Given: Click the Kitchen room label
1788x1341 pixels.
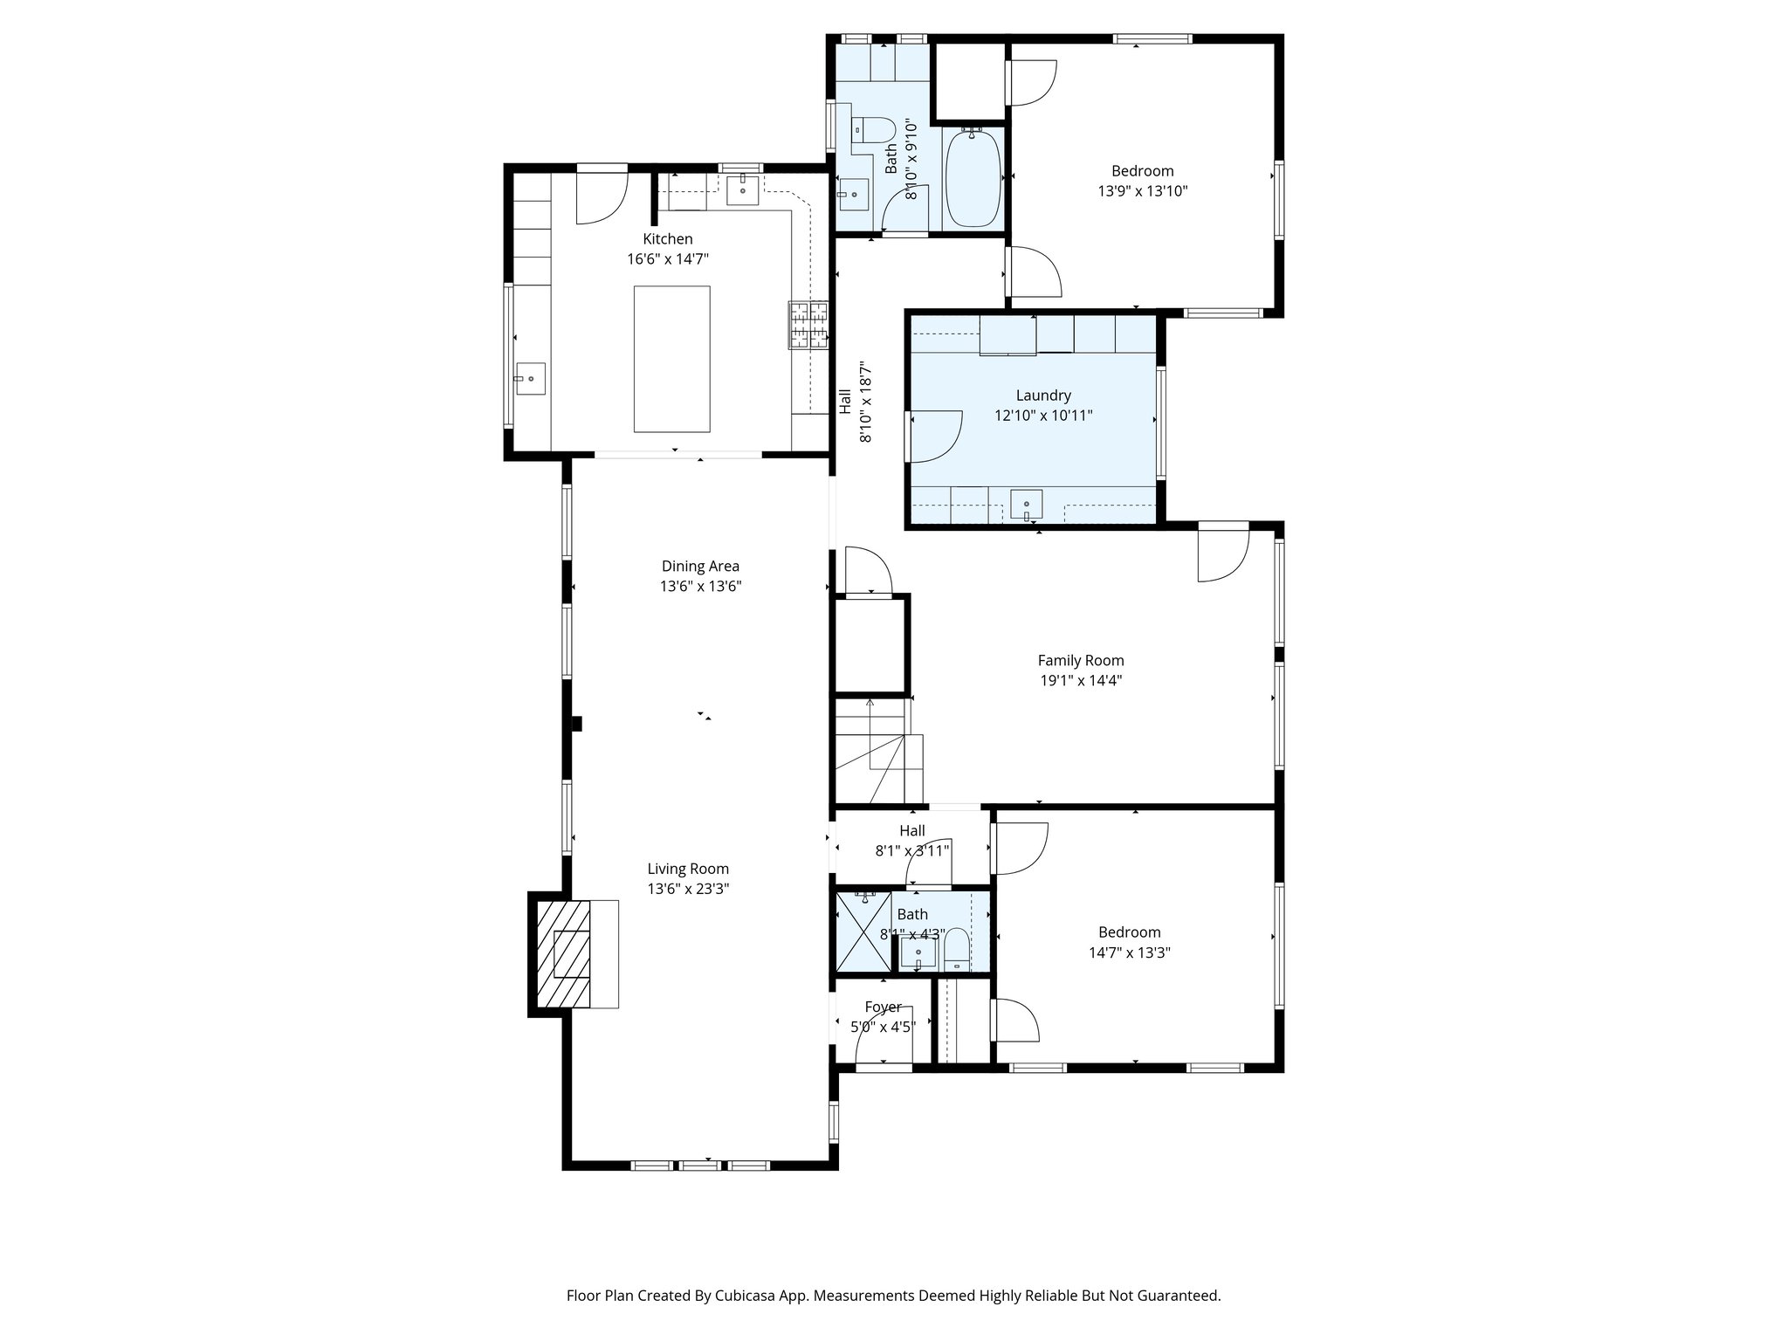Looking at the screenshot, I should (x=668, y=239).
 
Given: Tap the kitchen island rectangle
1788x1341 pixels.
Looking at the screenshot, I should (x=671, y=359).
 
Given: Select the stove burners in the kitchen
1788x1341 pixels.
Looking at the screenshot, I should (x=809, y=325).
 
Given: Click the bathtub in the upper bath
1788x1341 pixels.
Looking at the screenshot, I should (x=974, y=178).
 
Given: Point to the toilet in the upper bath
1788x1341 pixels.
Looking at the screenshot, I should (x=874, y=131).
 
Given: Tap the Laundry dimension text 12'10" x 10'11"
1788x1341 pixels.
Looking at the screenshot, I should (x=1043, y=416).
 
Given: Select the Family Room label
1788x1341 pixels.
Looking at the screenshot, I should (x=1080, y=661).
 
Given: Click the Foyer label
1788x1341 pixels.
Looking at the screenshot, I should (x=883, y=1007).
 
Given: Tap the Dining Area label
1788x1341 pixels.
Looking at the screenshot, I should (x=700, y=566).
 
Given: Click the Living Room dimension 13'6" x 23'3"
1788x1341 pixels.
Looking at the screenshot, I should (x=688, y=889).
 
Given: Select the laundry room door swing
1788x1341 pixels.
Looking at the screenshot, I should (x=934, y=436).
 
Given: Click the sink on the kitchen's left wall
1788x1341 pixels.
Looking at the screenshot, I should (x=530, y=379).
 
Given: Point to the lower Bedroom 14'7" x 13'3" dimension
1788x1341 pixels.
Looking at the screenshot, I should (x=1129, y=952).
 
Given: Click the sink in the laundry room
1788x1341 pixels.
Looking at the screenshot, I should (x=1027, y=505).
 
